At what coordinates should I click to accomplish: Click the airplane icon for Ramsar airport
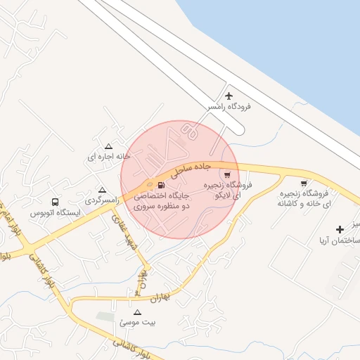pos(229,96)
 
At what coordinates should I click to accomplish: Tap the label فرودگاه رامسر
pos(229,107)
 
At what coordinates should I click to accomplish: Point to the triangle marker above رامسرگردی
pos(103,190)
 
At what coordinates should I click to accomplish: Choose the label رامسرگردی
pos(104,201)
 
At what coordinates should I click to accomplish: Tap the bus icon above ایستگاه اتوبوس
pos(56,201)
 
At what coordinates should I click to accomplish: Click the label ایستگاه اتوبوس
pos(55,212)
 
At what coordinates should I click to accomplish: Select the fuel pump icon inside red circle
pos(171,186)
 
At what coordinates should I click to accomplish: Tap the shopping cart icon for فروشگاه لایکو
pos(227,174)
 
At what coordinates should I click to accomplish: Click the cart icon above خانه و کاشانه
pos(304,184)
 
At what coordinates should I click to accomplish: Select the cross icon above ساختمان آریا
pos(340,229)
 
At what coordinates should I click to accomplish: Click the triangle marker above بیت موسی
pos(137,311)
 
